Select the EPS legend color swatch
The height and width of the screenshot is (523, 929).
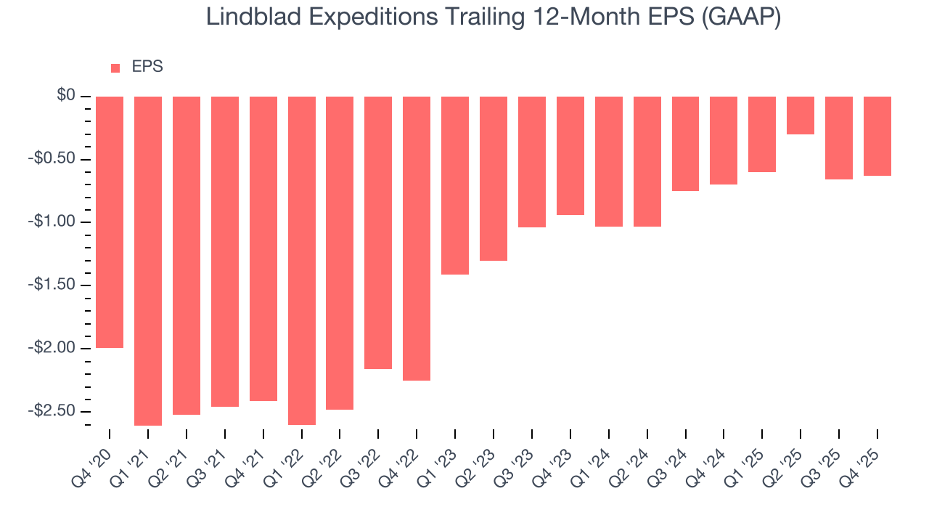pyautogui.click(x=115, y=68)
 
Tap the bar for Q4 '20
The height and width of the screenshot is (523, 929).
pyautogui.click(x=110, y=222)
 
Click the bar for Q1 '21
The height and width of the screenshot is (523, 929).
pyautogui.click(x=148, y=261)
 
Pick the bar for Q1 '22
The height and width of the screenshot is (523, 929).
pyautogui.click(x=302, y=261)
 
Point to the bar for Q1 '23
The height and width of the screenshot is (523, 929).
pyautogui.click(x=455, y=185)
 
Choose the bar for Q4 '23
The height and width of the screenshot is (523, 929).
pyautogui.click(x=570, y=155)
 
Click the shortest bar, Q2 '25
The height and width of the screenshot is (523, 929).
pyautogui.click(x=801, y=115)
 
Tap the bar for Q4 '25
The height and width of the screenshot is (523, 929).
pyautogui.click(x=877, y=136)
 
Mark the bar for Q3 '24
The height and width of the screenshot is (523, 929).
pyautogui.click(x=685, y=144)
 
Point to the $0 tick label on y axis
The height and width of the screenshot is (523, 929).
pyautogui.click(x=67, y=96)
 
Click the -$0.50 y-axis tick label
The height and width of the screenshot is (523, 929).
pyautogui.click(x=52, y=159)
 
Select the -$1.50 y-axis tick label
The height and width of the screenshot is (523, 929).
pyautogui.click(x=52, y=285)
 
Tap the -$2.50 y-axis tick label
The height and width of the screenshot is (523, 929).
pyautogui.click(x=52, y=410)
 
